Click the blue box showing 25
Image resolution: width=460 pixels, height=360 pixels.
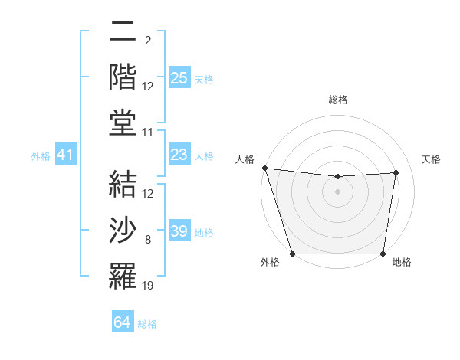(x=179, y=78)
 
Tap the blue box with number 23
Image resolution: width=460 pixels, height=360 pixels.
(x=179, y=155)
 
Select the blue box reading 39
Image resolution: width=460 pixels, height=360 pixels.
(x=179, y=231)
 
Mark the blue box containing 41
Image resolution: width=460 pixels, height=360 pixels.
(x=65, y=155)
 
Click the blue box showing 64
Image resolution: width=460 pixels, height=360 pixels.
(x=123, y=322)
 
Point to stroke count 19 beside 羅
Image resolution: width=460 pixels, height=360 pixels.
(x=148, y=286)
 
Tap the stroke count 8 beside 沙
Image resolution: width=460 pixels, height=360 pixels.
(x=148, y=241)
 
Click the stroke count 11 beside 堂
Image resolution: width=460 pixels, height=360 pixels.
(x=148, y=133)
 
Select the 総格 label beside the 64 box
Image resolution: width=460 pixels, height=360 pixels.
(x=147, y=324)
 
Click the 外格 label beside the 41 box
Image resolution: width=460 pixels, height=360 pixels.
(x=41, y=156)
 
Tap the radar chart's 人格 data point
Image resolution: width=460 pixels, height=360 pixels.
(x=264, y=168)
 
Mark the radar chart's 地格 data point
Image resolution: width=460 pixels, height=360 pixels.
(x=383, y=254)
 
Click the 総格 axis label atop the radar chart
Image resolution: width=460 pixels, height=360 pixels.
(x=337, y=100)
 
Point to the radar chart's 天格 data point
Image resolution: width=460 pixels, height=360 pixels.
(x=396, y=172)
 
